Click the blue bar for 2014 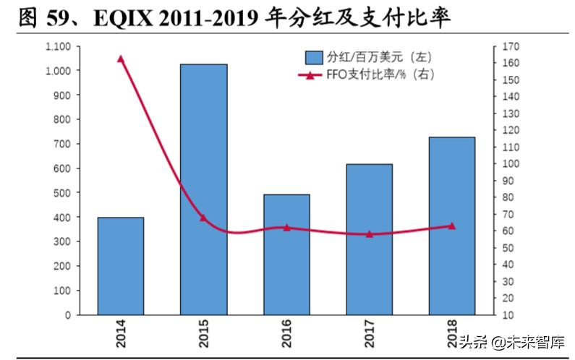click(x=121, y=266)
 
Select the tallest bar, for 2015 click(x=203, y=189)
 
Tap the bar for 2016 click(x=286, y=254)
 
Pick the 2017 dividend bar click(x=369, y=239)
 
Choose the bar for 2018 click(x=452, y=226)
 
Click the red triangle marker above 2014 click(x=121, y=59)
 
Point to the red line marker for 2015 click(x=203, y=217)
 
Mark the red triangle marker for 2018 click(x=452, y=226)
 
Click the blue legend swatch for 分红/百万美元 click(x=314, y=56)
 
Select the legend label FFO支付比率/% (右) click(x=382, y=74)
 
